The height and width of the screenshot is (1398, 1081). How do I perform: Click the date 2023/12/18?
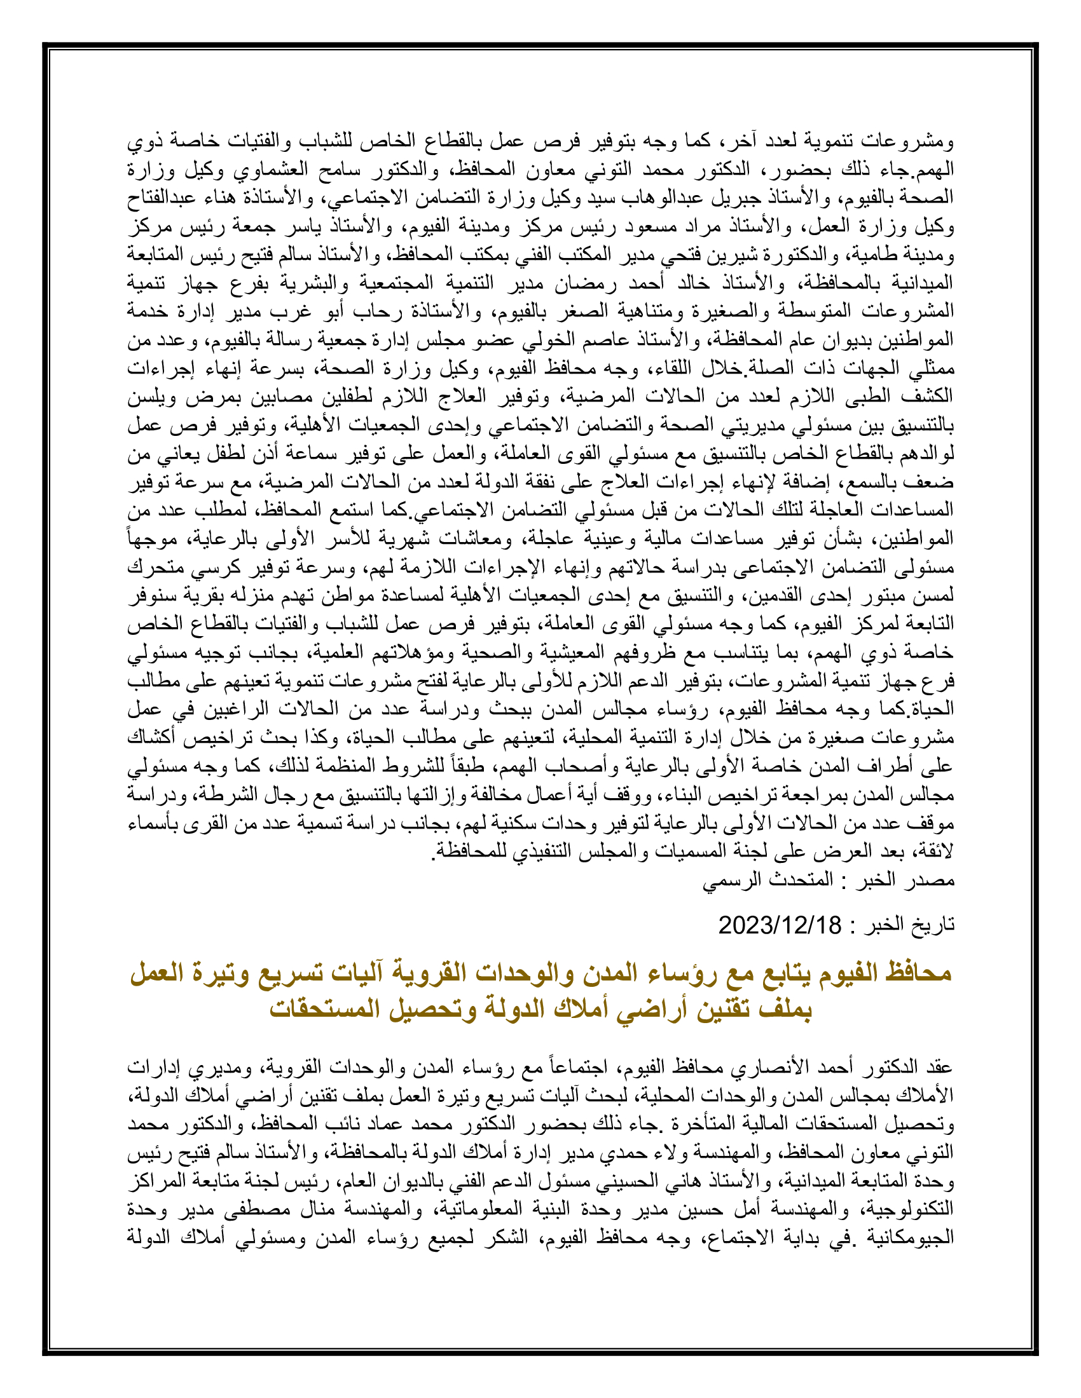(780, 926)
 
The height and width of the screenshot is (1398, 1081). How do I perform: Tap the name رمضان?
(574, 283)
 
